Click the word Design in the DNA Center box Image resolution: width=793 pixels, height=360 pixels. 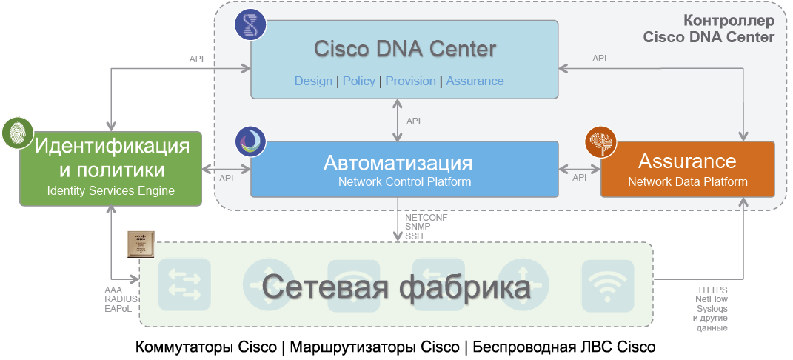[313, 81]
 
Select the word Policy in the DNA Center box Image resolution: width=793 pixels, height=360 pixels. [359, 81]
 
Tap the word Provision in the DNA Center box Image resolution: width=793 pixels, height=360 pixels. [410, 81]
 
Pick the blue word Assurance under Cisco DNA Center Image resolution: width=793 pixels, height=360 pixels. [475, 81]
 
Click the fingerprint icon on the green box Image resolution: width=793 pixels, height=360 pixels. [16, 132]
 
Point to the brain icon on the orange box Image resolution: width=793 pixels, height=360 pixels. [600, 142]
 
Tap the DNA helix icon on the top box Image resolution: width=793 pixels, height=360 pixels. [250, 24]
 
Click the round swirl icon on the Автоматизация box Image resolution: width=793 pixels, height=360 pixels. [250, 141]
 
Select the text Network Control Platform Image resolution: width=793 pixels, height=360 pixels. [404, 181]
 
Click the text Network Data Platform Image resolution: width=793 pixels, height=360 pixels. [688, 181]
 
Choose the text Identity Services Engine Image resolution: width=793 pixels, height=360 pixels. [111, 191]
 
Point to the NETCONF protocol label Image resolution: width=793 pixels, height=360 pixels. [426, 218]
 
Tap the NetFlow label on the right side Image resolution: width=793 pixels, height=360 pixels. [712, 299]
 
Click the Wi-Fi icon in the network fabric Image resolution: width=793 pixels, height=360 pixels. [607, 284]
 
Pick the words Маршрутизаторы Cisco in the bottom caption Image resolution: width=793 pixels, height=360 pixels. [374, 347]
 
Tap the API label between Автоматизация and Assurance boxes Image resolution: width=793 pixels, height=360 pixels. [580, 177]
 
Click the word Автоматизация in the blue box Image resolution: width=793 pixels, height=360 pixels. [398, 162]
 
